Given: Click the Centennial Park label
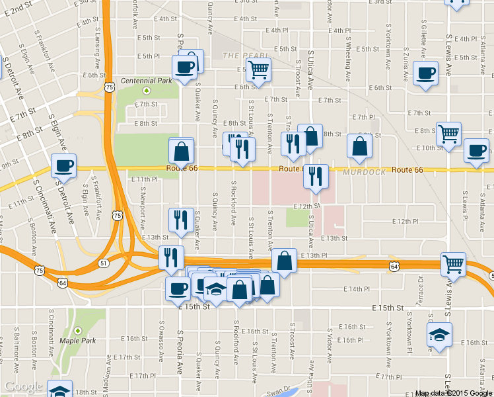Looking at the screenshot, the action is click(x=146, y=81).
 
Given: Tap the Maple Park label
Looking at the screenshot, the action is click(x=78, y=341).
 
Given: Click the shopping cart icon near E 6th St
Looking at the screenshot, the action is click(x=258, y=69).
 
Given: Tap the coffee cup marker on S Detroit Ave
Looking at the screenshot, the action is click(x=64, y=166).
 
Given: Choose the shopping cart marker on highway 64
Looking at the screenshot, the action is click(x=454, y=264).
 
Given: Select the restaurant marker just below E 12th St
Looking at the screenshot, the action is click(x=181, y=220).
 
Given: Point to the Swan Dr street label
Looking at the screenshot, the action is click(x=278, y=389).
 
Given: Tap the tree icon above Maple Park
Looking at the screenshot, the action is click(x=78, y=330).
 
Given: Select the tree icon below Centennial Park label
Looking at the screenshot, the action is click(x=147, y=91).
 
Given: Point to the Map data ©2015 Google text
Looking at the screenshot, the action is click(x=453, y=393).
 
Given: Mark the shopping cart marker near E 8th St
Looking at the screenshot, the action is click(x=449, y=134).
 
